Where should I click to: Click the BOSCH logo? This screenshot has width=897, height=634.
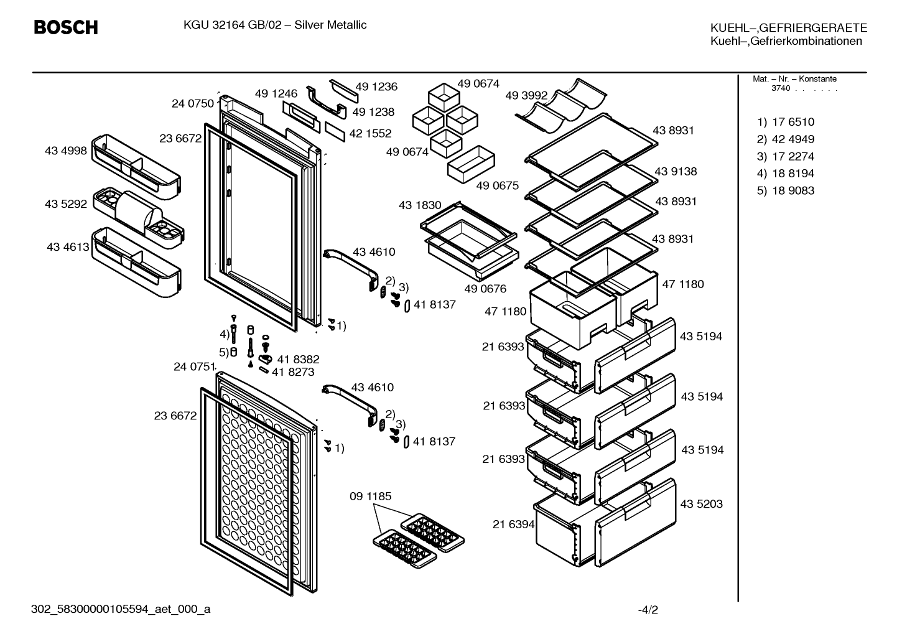coord(66,27)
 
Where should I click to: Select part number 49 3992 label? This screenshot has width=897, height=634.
coord(526,95)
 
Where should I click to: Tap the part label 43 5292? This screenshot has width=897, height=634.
coord(66,204)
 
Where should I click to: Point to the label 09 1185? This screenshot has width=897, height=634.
coord(370,496)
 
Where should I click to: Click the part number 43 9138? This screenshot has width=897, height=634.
coord(676,172)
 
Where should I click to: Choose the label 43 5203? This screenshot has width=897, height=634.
coord(702,503)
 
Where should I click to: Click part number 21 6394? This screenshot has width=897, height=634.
coord(513,524)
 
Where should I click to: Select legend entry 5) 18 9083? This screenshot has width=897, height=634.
coord(785,190)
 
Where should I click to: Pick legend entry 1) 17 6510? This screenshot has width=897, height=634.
coord(785,122)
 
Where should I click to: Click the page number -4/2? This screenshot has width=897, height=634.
coord(648,610)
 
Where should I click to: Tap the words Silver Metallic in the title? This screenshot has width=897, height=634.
coord(330,25)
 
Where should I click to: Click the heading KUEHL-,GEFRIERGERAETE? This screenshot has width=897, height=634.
coord(789,27)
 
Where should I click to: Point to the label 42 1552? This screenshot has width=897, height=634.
coord(370,133)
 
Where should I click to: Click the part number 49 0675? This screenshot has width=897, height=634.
coord(498,185)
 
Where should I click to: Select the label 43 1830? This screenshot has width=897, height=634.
coord(420,205)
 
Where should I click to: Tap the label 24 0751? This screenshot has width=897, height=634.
coord(194,366)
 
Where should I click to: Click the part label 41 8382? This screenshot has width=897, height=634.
coord(299,359)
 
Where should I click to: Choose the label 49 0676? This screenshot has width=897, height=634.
coord(485,288)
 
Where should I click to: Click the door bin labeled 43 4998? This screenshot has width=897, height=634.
coord(136,166)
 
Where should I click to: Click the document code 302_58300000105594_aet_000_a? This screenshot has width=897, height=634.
coord(121,609)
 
